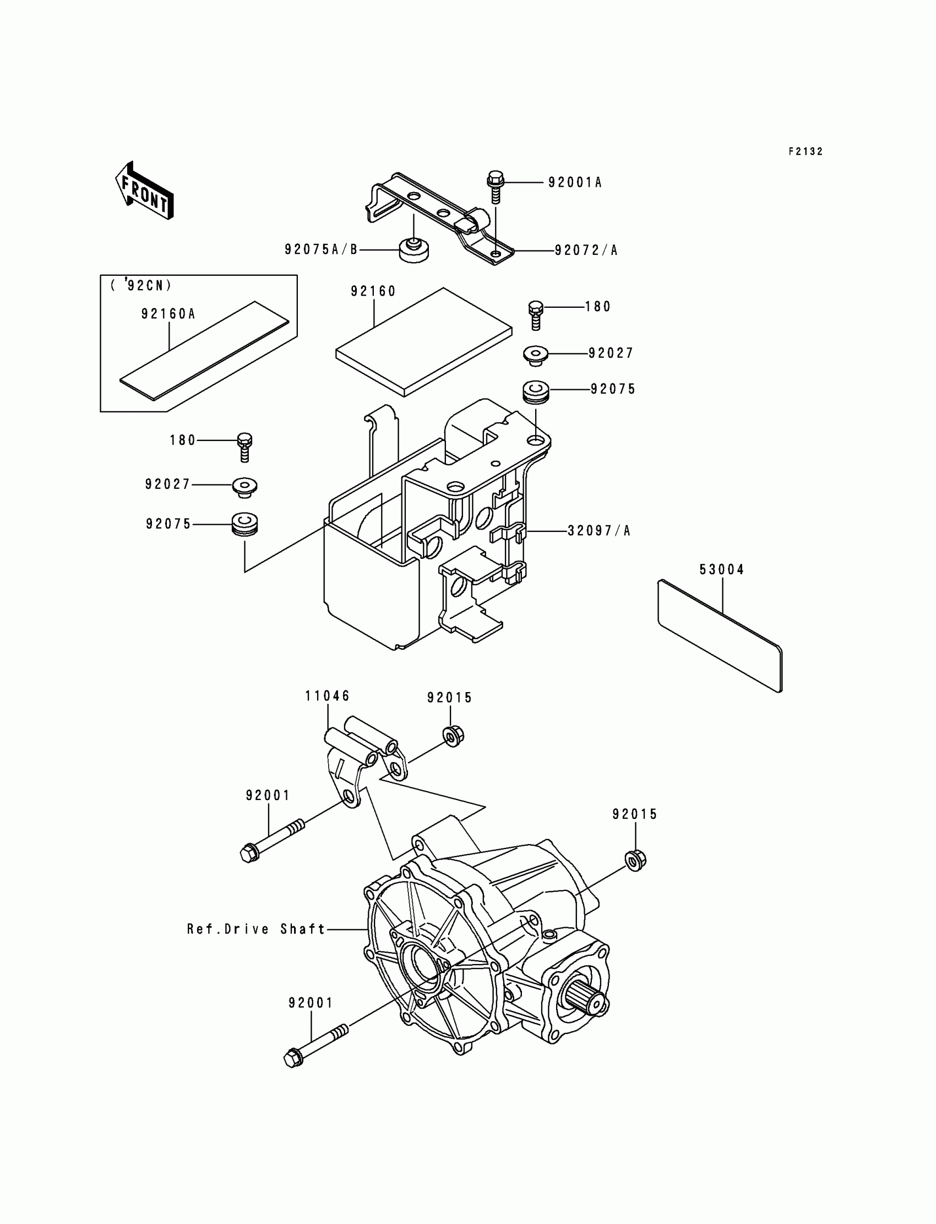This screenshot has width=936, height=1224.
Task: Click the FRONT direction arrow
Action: pos(144,191)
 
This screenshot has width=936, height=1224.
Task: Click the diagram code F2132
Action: pos(805,151)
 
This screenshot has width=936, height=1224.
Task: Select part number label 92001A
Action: pos(574,183)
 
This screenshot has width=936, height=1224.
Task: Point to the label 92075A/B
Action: pos(321,249)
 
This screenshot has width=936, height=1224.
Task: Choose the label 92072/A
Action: pos(586,251)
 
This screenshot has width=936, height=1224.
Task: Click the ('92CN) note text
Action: pos(142,286)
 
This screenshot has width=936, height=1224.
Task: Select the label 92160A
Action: pos(168,314)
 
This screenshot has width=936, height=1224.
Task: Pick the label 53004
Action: pos(722,569)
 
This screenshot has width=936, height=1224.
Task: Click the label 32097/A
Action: pos(599,531)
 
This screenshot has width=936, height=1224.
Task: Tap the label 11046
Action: pos(328,696)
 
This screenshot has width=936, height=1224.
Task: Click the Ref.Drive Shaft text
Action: pos(256,929)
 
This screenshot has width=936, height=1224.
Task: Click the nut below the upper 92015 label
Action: pos(454,737)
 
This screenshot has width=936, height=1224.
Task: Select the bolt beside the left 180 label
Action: pos(244,447)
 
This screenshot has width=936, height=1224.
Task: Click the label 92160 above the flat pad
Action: pos(373,291)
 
